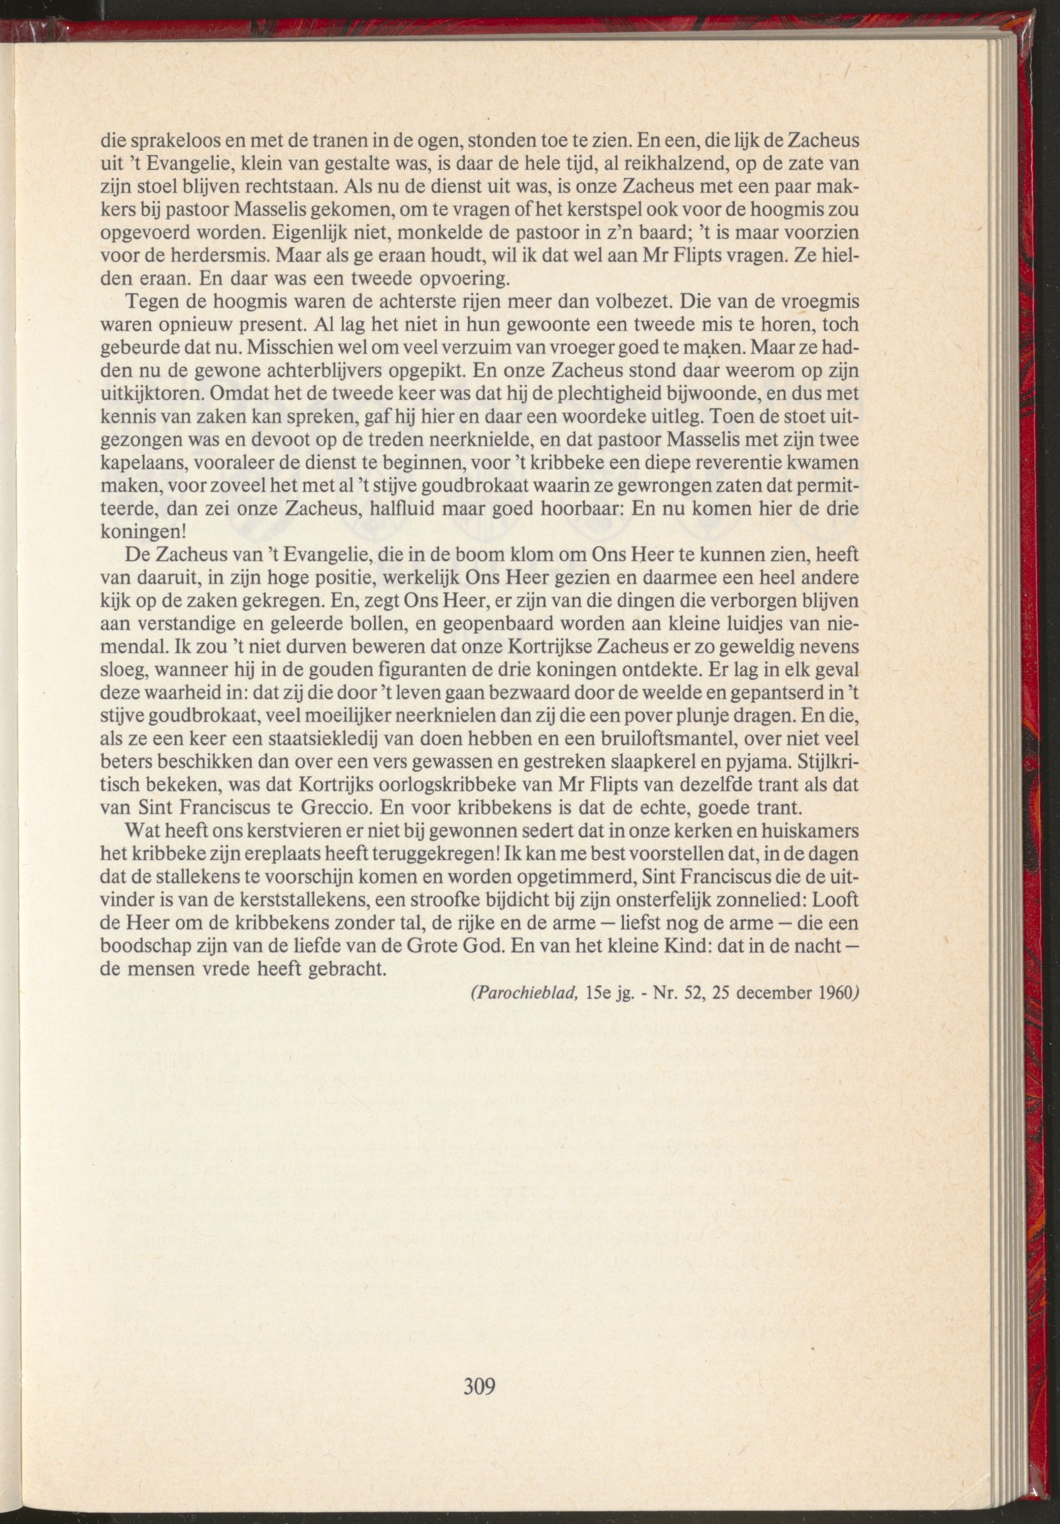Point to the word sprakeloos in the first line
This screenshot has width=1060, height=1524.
point(159,141)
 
